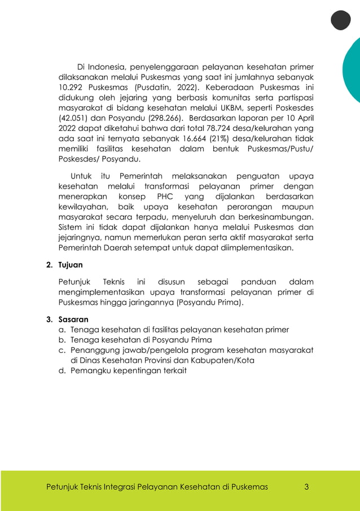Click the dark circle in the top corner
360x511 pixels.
(340, 20)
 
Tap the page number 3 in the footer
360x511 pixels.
(306, 486)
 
